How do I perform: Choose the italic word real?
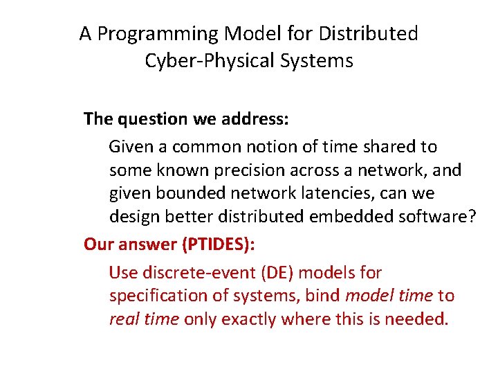[x=124, y=320]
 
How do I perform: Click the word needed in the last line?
[x=418, y=320]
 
